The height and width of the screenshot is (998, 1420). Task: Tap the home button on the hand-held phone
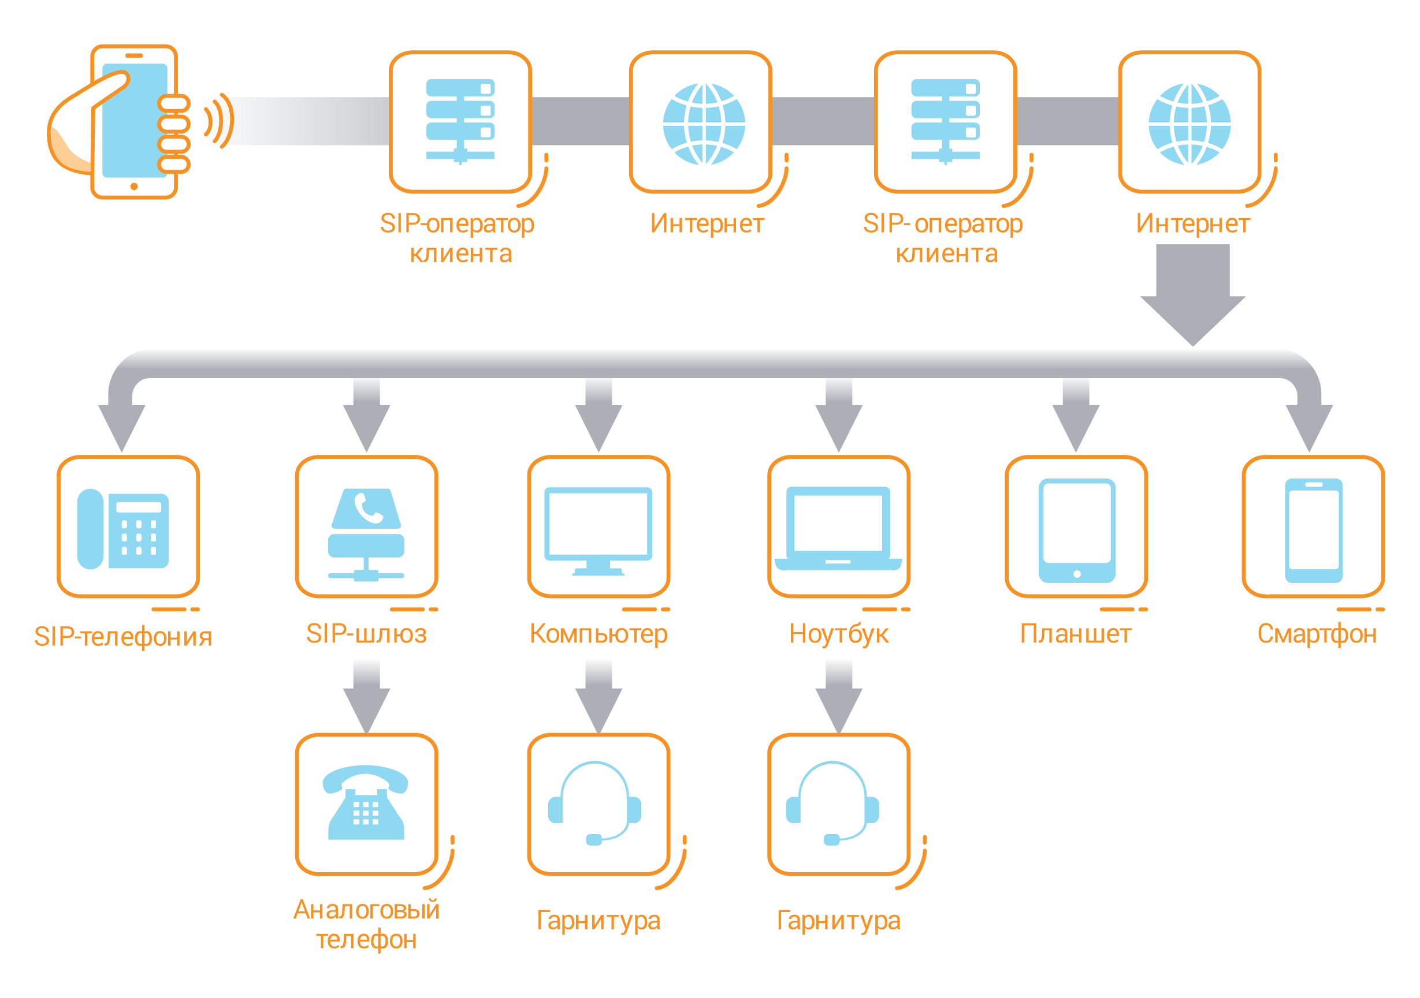(134, 186)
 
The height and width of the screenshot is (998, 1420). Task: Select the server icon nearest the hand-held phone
(460, 121)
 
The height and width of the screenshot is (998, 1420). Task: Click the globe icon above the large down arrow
(1189, 124)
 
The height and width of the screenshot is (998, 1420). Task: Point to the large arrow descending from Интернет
(1192, 296)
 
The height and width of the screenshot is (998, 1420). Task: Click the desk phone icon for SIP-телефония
(123, 529)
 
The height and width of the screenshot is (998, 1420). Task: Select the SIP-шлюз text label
(367, 633)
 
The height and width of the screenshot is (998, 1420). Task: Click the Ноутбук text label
(839, 634)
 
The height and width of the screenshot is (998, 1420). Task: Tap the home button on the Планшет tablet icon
(1077, 574)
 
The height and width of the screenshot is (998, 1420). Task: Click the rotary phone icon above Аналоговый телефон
(366, 802)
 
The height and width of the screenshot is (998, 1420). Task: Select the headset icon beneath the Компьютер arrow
(595, 803)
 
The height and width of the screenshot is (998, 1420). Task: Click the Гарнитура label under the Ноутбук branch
(839, 921)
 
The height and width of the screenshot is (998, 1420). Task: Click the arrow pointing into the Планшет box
(1076, 415)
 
